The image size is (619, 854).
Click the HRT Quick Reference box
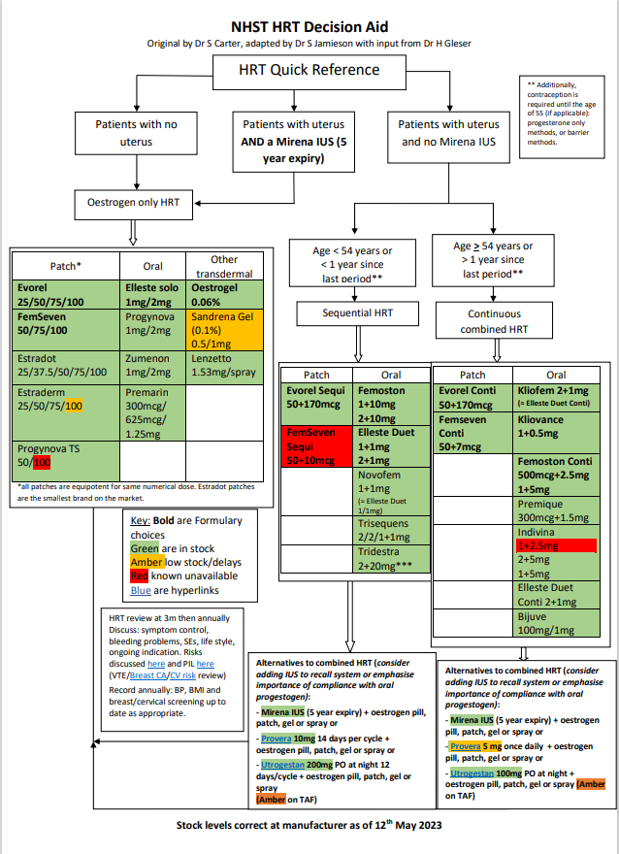pyautogui.click(x=309, y=71)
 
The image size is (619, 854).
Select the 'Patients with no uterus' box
pyautogui.click(x=136, y=133)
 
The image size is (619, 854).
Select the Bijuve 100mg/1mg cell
pyautogui.click(x=556, y=623)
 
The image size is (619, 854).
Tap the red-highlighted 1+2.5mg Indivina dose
pyautogui.click(x=544, y=547)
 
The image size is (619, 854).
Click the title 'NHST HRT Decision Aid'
pyautogui.click(x=309, y=27)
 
